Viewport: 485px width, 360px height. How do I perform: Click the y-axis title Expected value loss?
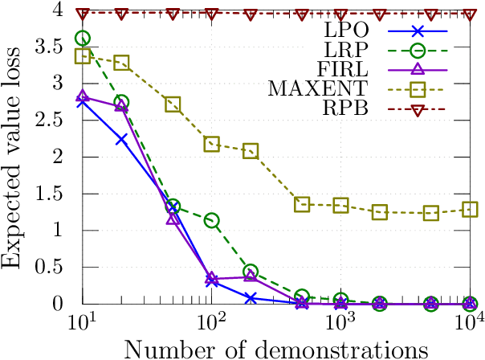14,157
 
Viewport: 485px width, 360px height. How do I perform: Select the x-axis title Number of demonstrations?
275,349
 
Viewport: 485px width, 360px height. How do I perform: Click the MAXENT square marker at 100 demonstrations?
212,144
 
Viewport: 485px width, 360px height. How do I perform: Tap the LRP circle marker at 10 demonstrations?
83,38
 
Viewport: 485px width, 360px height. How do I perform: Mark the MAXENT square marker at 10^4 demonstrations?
471,210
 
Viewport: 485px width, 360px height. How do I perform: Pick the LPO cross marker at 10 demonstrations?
83,101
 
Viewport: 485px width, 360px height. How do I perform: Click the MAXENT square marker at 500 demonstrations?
302,204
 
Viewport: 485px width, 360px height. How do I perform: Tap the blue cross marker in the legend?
416,34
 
